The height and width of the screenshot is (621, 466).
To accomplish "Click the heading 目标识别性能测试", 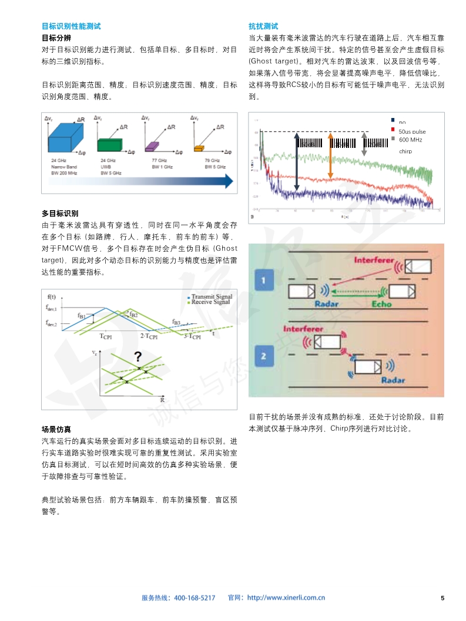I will (x=71, y=26).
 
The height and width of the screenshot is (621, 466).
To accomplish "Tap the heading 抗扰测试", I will (x=263, y=26).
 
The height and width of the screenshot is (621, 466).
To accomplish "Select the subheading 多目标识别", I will (x=60, y=213).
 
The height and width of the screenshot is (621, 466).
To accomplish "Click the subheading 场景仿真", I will (x=56, y=430).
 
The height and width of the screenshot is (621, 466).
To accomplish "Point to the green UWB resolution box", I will (x=110, y=146).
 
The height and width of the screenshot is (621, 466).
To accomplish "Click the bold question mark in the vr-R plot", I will (x=138, y=356).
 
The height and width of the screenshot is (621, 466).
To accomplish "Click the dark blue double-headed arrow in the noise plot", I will (x=297, y=161).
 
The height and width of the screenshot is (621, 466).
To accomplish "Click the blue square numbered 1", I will (x=264, y=281).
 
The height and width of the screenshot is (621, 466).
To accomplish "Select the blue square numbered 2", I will (x=264, y=355).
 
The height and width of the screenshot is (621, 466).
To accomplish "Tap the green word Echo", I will (x=381, y=304).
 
